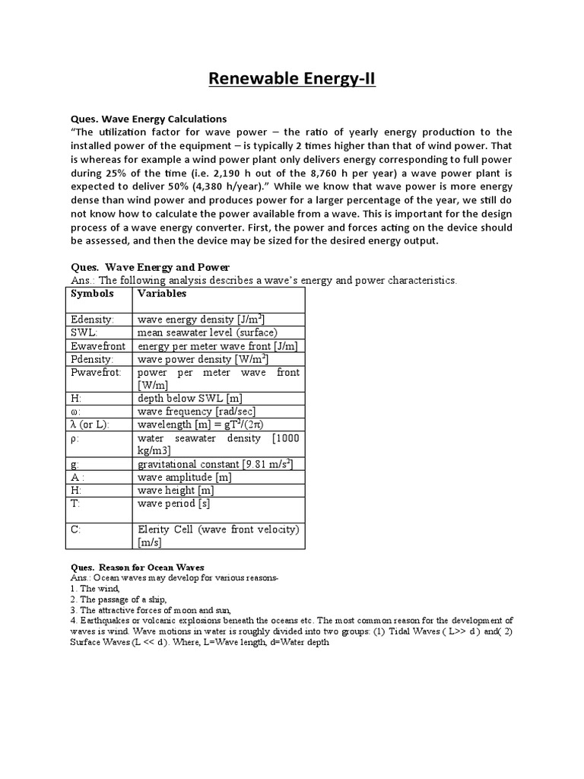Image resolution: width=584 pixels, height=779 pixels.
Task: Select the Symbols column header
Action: point(92,294)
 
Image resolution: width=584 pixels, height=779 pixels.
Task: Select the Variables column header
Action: point(162,294)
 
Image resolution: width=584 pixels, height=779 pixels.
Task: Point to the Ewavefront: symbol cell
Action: point(97,346)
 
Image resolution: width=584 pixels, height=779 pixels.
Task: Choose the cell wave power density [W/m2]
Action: point(203,359)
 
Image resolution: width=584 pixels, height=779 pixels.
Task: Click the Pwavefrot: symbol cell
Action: point(96,373)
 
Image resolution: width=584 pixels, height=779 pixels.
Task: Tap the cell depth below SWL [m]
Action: point(191,399)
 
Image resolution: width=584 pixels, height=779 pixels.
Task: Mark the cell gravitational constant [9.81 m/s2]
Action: point(215,464)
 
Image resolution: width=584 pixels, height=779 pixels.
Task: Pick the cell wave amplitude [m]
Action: point(184,477)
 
